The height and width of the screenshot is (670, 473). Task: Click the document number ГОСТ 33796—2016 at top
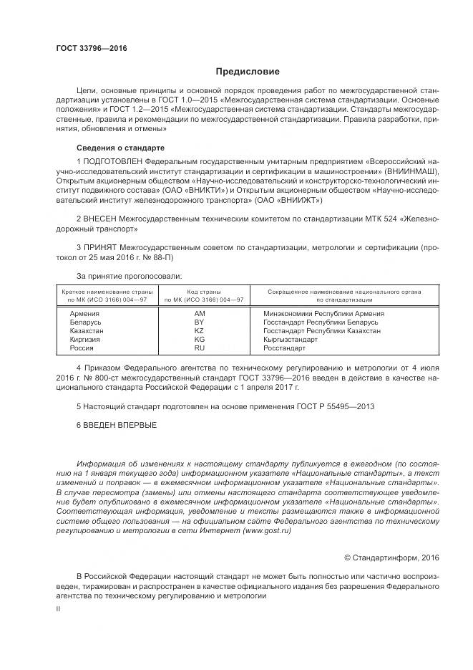click(91, 48)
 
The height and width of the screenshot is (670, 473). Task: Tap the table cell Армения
click(84, 313)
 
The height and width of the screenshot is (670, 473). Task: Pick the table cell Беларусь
click(85, 322)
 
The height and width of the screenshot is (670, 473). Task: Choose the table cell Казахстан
click(87, 330)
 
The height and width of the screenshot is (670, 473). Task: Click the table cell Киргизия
click(85, 339)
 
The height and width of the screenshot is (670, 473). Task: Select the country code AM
click(200, 313)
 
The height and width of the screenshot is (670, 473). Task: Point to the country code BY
click(200, 322)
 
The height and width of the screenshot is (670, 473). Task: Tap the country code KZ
click(200, 330)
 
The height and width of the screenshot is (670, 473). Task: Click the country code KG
click(200, 339)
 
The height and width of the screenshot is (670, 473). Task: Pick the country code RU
click(200, 348)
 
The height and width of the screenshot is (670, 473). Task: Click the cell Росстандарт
click(284, 348)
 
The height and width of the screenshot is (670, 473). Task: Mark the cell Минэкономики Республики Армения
click(323, 313)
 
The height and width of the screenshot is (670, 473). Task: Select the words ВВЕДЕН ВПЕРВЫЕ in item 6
click(119, 425)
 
